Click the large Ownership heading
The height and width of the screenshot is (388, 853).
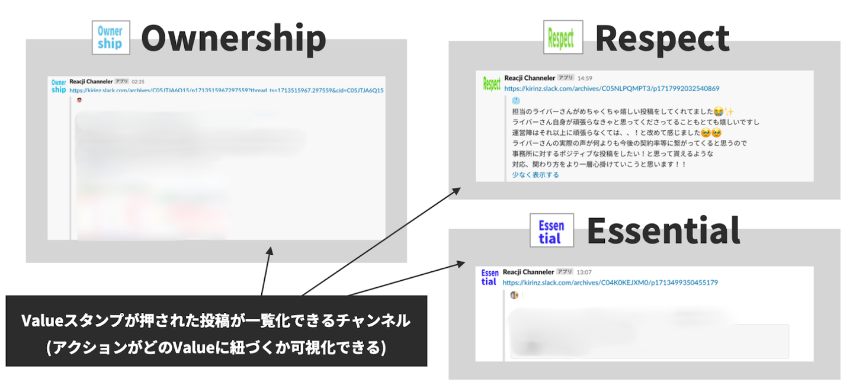[x=233, y=39]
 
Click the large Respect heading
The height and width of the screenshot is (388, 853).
[x=662, y=39]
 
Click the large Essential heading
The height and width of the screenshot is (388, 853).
[x=663, y=230]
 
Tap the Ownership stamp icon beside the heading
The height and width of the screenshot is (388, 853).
[x=111, y=38]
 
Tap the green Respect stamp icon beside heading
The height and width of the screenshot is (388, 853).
[x=563, y=38]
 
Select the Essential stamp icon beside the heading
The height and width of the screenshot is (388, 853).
[x=551, y=230]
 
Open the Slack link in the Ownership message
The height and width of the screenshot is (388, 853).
[x=226, y=91]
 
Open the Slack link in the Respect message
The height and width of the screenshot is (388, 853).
[x=612, y=88]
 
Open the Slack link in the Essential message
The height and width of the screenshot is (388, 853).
[x=610, y=283]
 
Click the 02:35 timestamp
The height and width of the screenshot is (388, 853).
[x=138, y=82]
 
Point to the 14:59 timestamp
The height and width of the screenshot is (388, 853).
[x=585, y=78]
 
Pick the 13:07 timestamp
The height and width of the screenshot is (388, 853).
[x=583, y=272]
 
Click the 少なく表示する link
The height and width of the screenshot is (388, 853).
[x=535, y=175]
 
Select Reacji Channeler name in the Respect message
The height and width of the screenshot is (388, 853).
[x=530, y=78]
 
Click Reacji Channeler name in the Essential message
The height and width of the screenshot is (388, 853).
[x=528, y=272]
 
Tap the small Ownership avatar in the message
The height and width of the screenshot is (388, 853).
[x=59, y=86]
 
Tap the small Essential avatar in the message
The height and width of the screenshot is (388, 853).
[x=489, y=277]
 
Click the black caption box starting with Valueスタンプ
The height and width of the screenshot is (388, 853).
[x=216, y=331]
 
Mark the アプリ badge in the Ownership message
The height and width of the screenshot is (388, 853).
[x=121, y=82]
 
